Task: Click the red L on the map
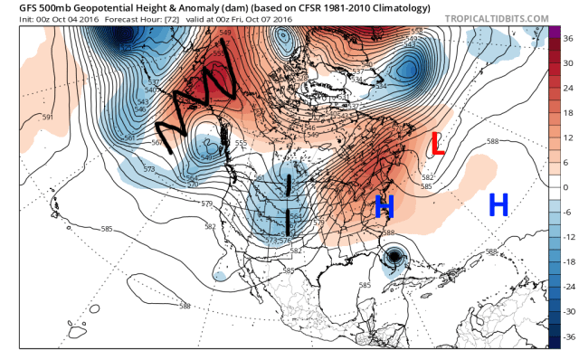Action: (x=437, y=144)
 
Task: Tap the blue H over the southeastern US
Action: (x=384, y=208)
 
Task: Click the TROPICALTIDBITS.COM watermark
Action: (x=498, y=16)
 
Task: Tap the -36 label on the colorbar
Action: (x=569, y=336)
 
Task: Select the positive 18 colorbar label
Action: (x=567, y=112)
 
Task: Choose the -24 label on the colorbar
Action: (x=569, y=286)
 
